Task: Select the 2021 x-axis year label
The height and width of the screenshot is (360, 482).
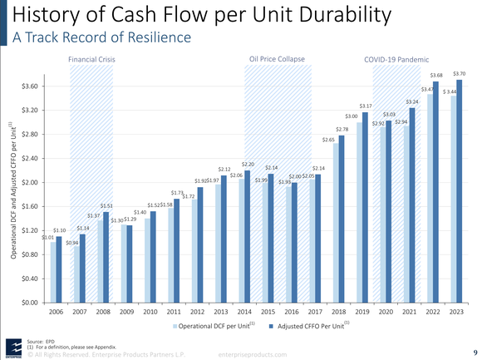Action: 410,314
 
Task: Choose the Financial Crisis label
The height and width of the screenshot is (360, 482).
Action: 91,60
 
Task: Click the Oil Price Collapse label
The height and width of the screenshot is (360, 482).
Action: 278,60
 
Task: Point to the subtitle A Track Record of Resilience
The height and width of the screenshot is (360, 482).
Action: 101,37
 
